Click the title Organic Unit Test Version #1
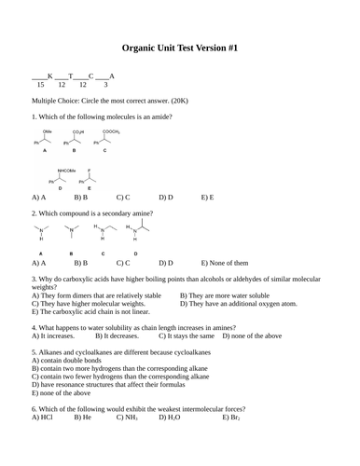point(179,46)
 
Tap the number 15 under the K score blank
point(40,84)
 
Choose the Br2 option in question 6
point(232,418)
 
